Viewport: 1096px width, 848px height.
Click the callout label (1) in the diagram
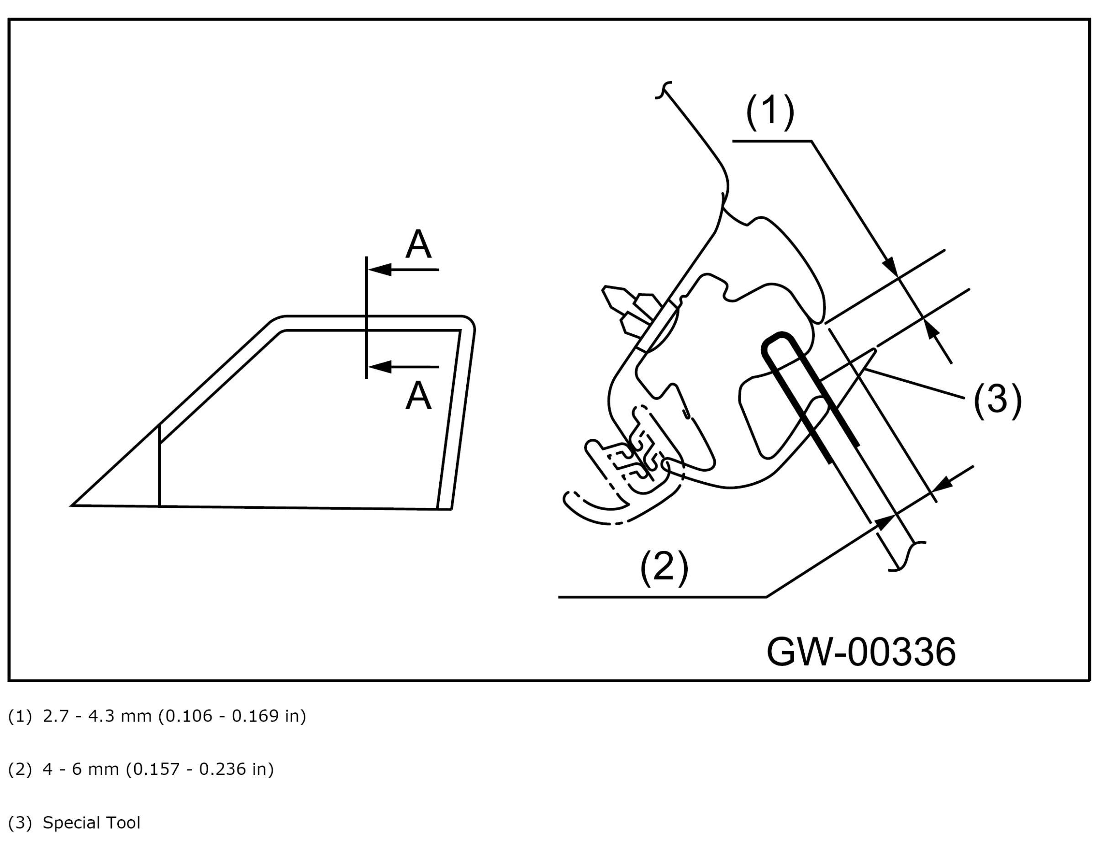coord(770,112)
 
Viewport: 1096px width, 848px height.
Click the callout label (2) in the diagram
coord(664,567)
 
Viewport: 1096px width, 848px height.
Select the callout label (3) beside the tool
coord(997,400)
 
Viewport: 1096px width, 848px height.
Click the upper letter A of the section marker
coord(418,244)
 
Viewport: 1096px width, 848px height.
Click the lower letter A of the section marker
coord(418,396)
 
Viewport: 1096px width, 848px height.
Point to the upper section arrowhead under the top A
coord(380,270)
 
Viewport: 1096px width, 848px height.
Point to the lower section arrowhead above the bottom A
coord(380,367)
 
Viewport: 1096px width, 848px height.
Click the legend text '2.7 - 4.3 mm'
coord(97,716)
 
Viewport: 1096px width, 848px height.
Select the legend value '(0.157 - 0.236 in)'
coord(200,769)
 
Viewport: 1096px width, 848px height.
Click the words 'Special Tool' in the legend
coord(91,823)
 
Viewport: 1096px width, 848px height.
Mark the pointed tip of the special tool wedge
coord(874,351)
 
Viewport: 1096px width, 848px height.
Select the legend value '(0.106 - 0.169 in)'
coord(232,716)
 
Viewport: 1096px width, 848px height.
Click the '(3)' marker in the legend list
coord(20,823)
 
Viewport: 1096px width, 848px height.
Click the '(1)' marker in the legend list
coord(20,716)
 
